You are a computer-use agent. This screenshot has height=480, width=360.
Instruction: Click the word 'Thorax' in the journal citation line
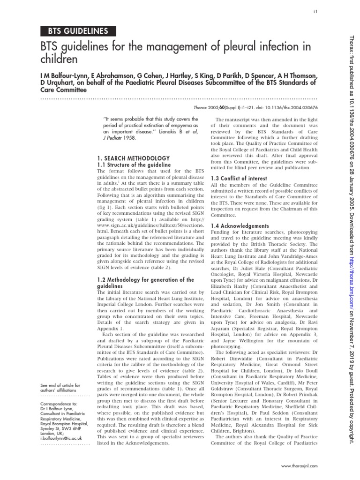(222, 107)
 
